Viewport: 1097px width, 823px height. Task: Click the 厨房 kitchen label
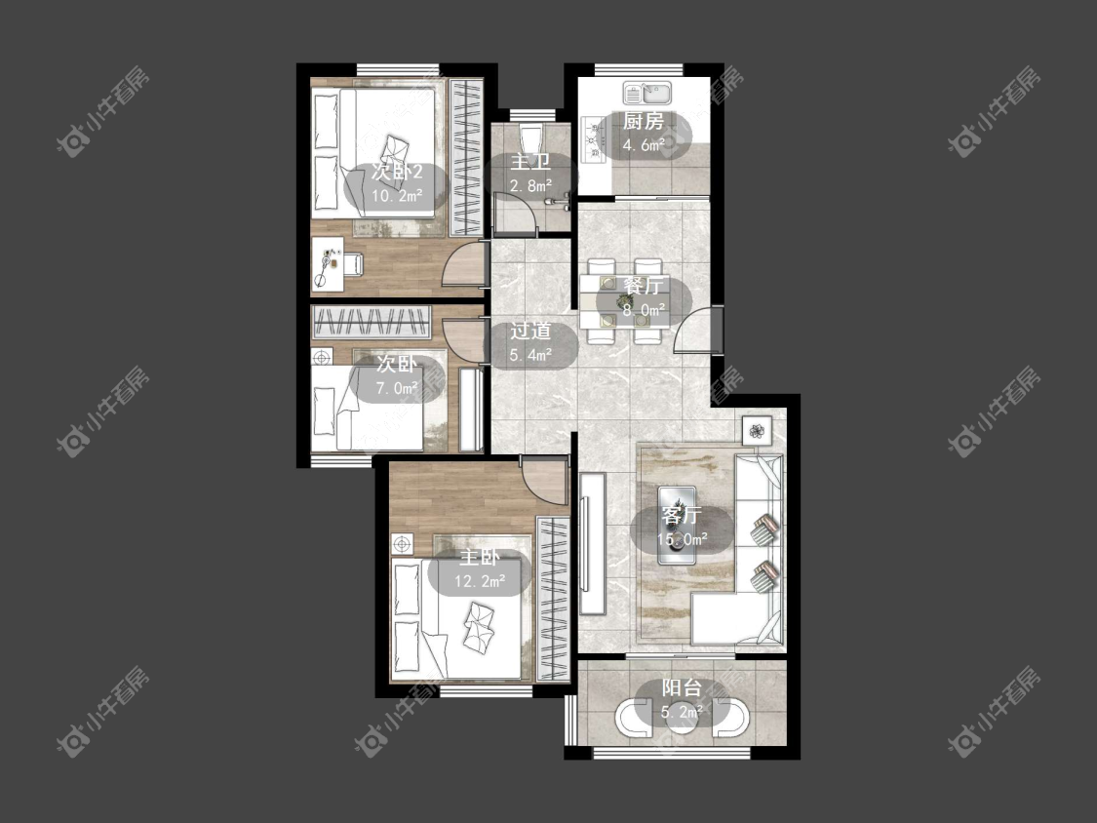pos(644,121)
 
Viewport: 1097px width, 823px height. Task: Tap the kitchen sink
pos(647,93)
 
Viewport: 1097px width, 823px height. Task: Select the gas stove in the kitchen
pos(593,139)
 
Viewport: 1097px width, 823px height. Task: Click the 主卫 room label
pos(531,163)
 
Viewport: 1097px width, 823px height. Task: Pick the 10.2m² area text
pos(397,195)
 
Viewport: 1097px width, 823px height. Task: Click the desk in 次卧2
pos(328,263)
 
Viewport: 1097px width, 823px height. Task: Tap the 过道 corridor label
pos(531,331)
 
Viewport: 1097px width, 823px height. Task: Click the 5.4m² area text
pos(531,355)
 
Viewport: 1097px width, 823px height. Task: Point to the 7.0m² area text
pos(398,388)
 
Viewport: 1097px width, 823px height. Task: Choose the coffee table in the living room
pos(677,526)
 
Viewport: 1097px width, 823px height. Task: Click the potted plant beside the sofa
pos(757,430)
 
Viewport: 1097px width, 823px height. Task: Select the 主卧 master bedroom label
pos(480,557)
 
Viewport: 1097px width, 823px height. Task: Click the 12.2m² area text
pos(480,581)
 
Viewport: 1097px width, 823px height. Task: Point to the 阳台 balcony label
pos(683,687)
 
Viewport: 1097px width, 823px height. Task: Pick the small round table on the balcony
pos(683,719)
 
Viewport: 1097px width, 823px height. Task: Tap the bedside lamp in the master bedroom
pos(403,544)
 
